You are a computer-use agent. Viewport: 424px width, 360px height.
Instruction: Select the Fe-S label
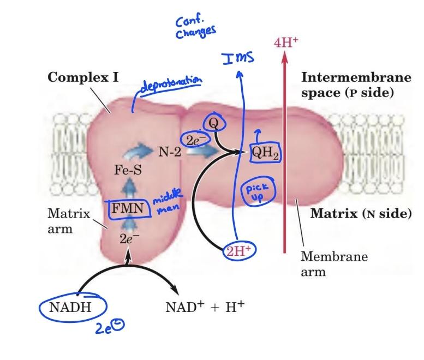(128, 170)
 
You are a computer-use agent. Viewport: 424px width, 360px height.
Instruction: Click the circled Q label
(214, 123)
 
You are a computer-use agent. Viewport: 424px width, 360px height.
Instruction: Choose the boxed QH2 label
(265, 154)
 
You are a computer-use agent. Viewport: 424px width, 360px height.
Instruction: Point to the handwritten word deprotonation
(171, 85)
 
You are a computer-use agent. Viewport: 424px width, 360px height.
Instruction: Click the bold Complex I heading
(82, 77)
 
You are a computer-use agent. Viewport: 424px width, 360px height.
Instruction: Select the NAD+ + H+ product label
(205, 307)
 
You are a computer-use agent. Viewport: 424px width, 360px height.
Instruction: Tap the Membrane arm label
(334, 263)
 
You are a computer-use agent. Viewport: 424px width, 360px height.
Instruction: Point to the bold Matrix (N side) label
(361, 213)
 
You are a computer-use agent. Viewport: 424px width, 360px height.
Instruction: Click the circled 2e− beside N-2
(195, 140)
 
